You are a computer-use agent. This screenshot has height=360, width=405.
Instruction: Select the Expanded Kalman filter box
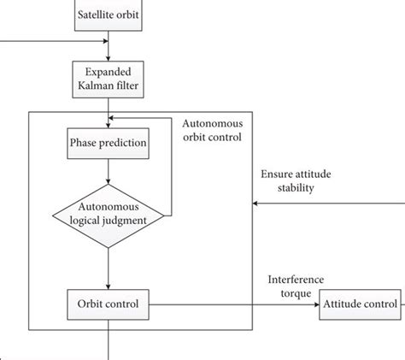coord(108,79)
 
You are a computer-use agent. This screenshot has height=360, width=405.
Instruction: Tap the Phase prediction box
coord(108,143)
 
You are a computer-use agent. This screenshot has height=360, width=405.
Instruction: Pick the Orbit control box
coord(108,303)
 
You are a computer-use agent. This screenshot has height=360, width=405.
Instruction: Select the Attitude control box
coord(360,303)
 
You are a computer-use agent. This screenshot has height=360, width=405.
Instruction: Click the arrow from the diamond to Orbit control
coord(108,266)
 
